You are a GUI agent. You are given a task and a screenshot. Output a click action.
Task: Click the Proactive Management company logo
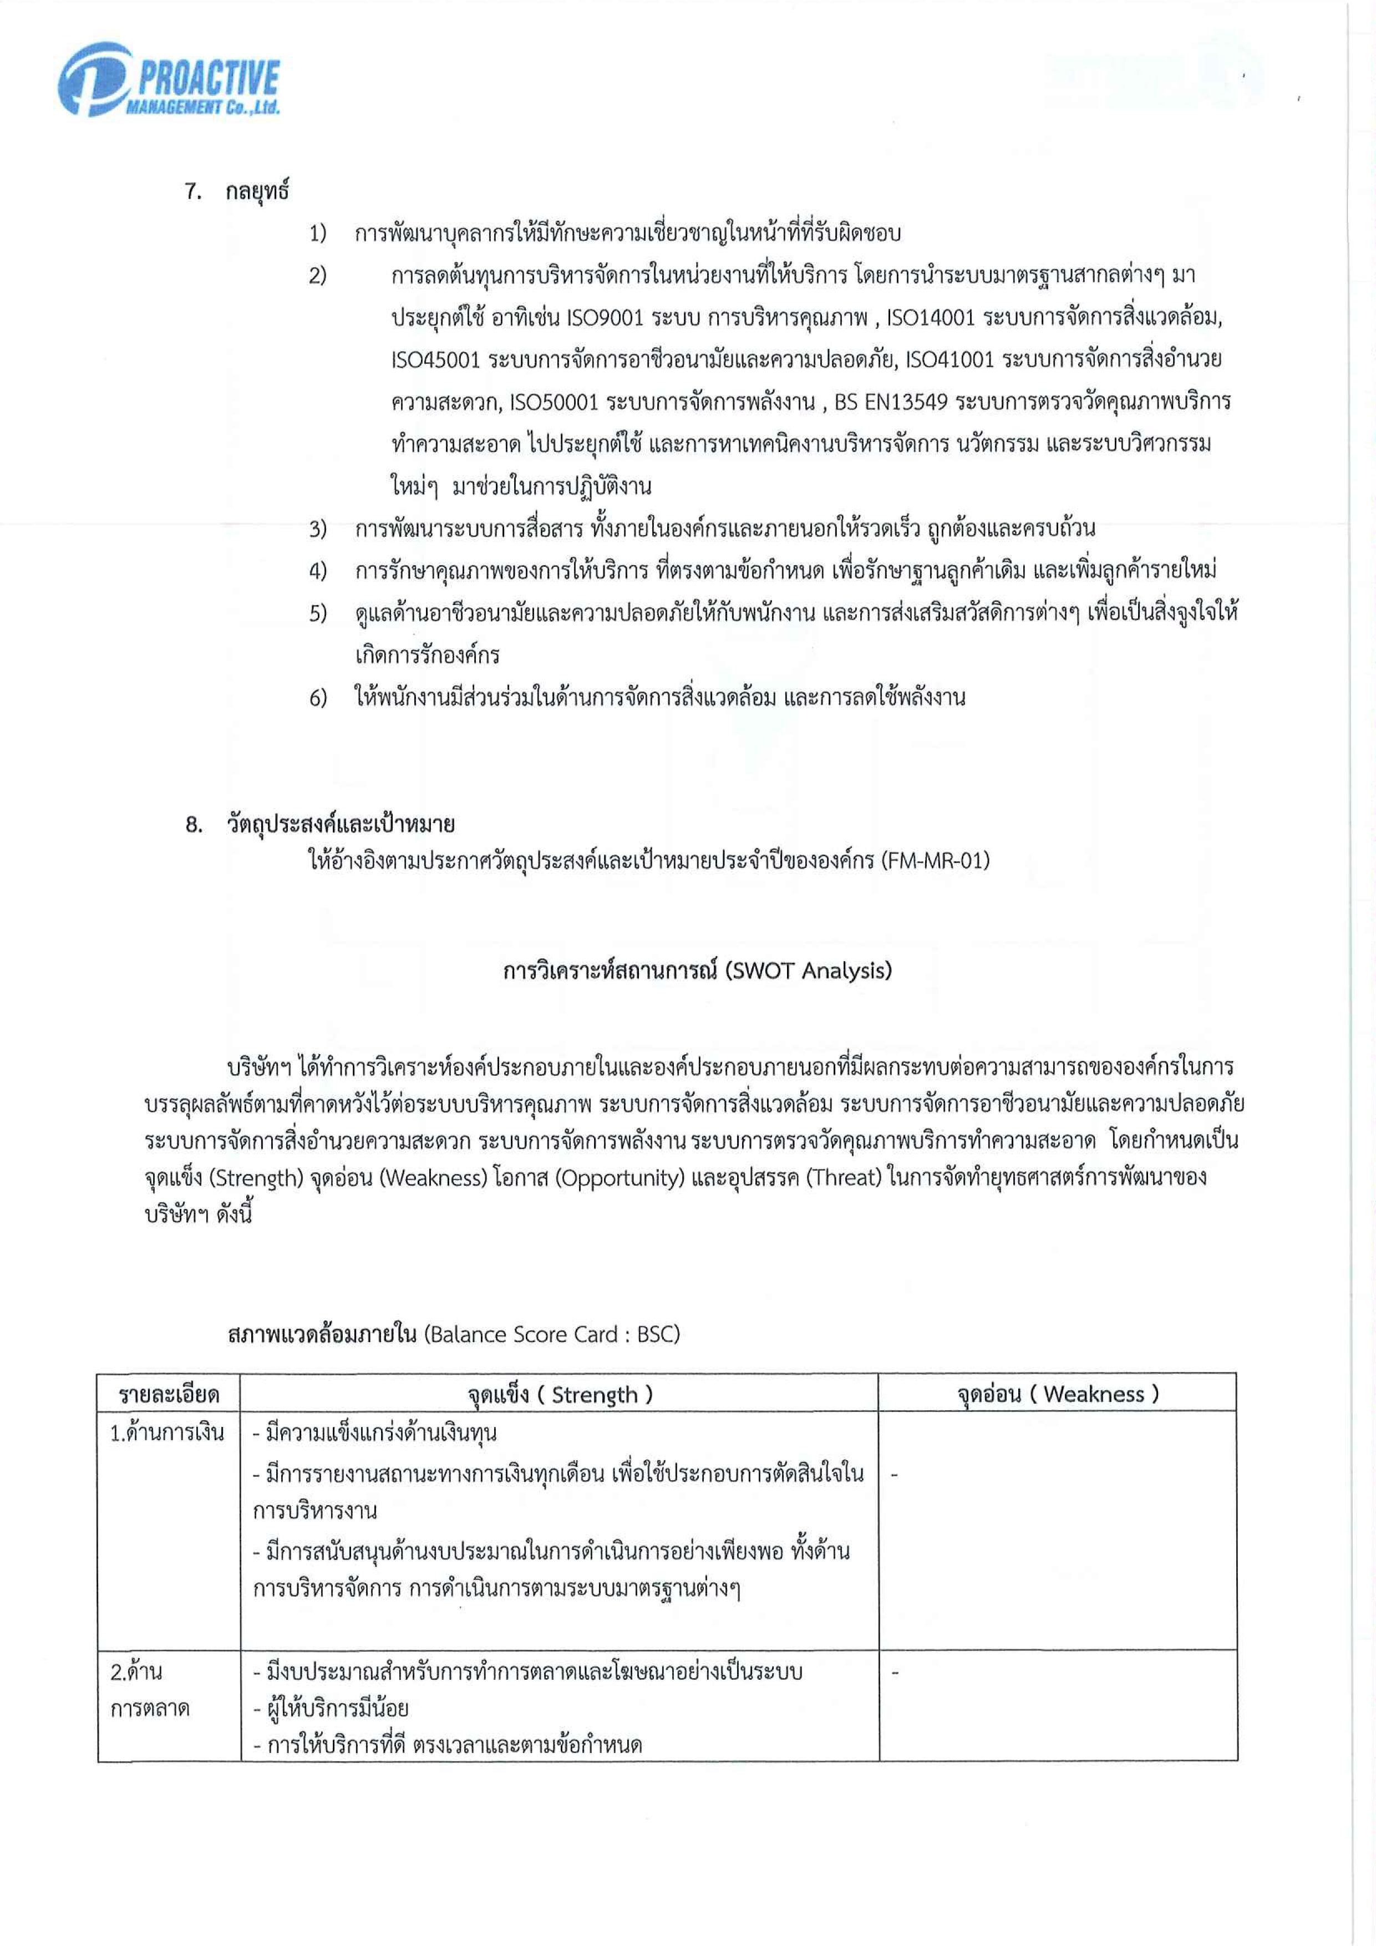[169, 80]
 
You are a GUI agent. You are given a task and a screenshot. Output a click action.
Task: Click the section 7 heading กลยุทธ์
[257, 191]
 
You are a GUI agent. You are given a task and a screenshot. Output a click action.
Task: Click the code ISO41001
[950, 360]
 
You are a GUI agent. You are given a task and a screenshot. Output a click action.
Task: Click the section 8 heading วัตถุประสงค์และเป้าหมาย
[340, 824]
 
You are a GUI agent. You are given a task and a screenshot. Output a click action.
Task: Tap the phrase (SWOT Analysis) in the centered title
[809, 971]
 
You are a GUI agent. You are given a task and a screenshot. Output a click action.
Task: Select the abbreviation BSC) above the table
[658, 1335]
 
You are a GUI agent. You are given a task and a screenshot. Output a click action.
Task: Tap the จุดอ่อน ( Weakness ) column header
[1057, 1394]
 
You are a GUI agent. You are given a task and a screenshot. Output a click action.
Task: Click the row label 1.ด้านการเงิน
[167, 1433]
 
